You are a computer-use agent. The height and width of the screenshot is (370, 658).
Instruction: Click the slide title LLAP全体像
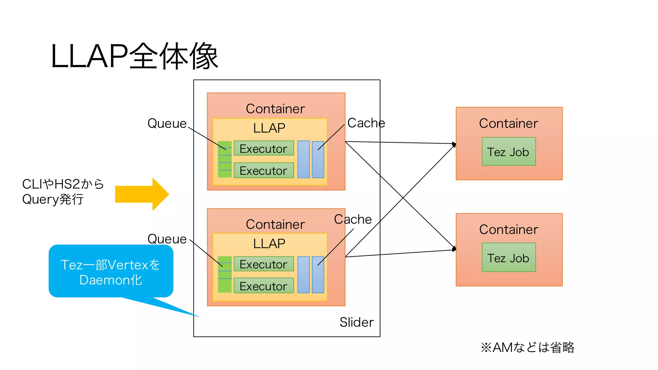point(134,57)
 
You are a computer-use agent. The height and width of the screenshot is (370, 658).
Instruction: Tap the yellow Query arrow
point(141,194)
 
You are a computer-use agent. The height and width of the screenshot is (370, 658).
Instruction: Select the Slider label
point(356,322)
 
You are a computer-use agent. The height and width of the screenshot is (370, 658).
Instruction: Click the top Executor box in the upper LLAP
point(263,148)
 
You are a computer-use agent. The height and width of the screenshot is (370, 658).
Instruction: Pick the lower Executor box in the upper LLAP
point(263,171)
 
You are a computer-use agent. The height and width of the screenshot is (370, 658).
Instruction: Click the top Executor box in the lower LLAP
point(263,264)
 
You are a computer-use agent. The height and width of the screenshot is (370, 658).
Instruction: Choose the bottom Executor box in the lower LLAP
point(263,286)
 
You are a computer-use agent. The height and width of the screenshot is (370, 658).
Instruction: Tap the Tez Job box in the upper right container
point(508,152)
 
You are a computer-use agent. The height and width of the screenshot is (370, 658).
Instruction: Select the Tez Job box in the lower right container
point(508,258)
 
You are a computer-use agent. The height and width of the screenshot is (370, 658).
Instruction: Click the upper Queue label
point(167,123)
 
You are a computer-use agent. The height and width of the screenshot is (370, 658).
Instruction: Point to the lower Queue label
point(167,239)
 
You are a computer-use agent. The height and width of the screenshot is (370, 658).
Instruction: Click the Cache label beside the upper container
point(366,123)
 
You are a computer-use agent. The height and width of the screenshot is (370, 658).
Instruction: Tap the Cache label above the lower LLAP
point(353,219)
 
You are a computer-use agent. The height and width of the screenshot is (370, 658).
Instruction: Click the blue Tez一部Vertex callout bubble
point(111,272)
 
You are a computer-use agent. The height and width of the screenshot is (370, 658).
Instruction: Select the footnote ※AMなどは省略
point(527,348)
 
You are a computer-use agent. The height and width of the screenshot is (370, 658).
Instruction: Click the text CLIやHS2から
point(63,184)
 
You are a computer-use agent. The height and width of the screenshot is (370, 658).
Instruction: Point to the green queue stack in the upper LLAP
point(225,159)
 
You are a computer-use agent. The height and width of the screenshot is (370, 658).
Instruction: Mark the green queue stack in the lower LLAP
point(225,274)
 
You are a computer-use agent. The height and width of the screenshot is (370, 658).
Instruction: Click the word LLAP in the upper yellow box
point(269,128)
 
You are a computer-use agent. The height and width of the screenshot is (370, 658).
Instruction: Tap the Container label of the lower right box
point(508,230)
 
